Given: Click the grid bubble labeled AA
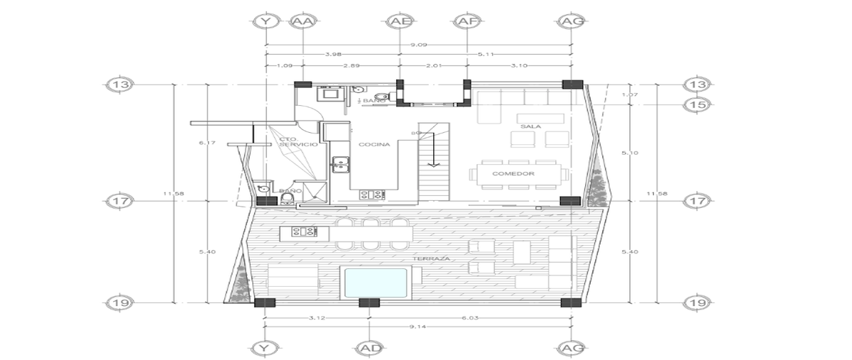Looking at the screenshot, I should pyautogui.click(x=303, y=22).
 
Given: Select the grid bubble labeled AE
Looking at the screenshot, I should pyautogui.click(x=399, y=22).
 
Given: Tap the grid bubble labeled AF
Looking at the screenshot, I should pyautogui.click(x=466, y=22).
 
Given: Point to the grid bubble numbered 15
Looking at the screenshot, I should pyautogui.click(x=694, y=105).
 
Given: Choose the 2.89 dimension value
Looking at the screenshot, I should pyautogui.click(x=351, y=66).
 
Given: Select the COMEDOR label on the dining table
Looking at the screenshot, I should pyautogui.click(x=518, y=173).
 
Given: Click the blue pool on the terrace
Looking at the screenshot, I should pyautogui.click(x=374, y=283).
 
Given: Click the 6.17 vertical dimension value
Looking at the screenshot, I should pyautogui.click(x=207, y=143).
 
